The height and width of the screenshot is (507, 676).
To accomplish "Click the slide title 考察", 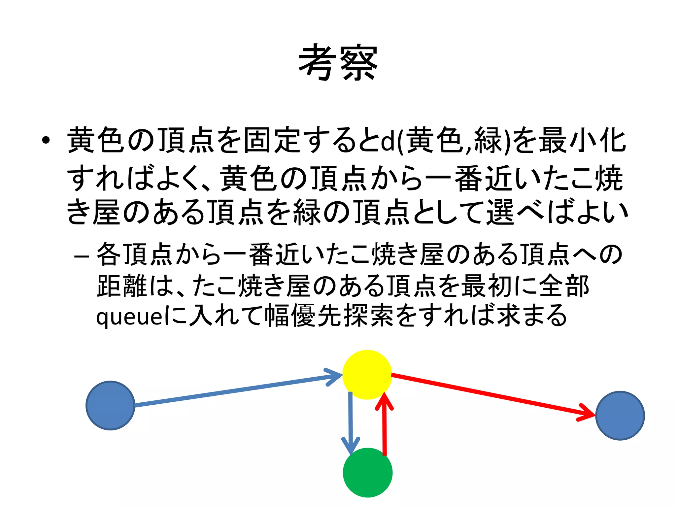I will (x=338, y=62).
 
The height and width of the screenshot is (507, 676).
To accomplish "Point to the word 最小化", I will (x=582, y=140).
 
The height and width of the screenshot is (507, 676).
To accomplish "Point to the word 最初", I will (x=487, y=286).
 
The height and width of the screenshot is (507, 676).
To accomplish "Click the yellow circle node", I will (x=367, y=375).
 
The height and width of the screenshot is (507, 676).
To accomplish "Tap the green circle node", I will (x=368, y=472).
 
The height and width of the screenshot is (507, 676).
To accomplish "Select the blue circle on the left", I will (x=110, y=405).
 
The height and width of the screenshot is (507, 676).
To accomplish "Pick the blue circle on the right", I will (x=620, y=416).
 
